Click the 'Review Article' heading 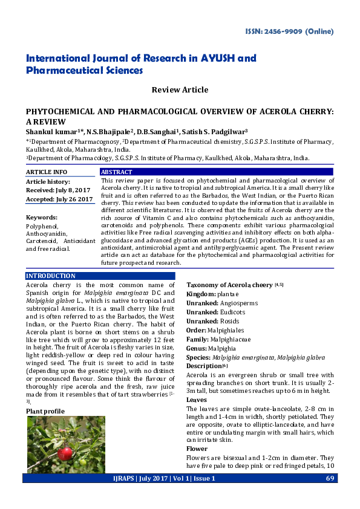[180, 90]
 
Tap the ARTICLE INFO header [47, 172]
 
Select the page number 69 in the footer [330, 478]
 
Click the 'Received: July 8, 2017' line [57, 190]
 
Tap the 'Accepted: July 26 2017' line [58, 199]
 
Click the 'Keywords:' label [42, 217]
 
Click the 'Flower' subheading [197, 449]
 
